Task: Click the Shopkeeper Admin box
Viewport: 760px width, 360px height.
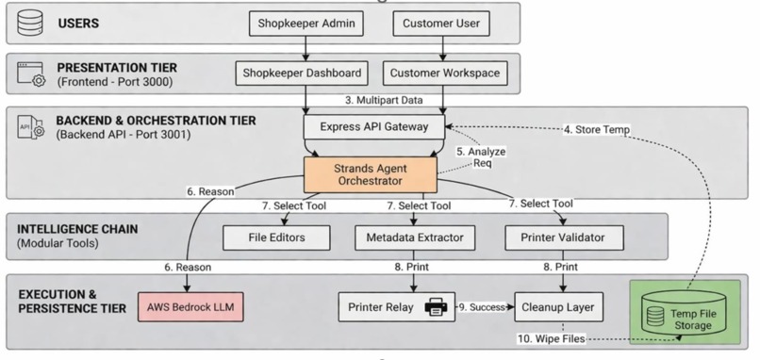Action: (x=306, y=24)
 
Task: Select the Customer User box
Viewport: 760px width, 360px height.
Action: (x=441, y=24)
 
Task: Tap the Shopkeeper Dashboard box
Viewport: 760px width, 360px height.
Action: (x=302, y=74)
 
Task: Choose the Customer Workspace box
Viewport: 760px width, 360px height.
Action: (x=445, y=74)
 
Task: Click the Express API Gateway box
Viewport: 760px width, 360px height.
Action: (x=374, y=127)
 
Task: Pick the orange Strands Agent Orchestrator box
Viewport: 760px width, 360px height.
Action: (x=371, y=175)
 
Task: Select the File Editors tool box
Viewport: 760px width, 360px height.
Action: (x=276, y=237)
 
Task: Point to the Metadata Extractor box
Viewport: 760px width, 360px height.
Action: (x=414, y=237)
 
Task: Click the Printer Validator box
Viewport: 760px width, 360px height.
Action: (x=564, y=237)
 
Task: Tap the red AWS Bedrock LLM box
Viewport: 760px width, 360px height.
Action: (x=190, y=306)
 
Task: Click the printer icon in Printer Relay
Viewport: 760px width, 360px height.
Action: (x=437, y=307)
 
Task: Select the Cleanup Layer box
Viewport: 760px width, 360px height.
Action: (x=558, y=306)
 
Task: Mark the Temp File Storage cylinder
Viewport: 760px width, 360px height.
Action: (x=684, y=313)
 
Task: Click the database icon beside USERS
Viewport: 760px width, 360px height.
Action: (x=30, y=23)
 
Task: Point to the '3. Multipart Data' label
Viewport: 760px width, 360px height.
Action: (x=384, y=100)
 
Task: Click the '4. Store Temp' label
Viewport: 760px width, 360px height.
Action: (x=597, y=129)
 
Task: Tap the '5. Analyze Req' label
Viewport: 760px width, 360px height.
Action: (x=481, y=157)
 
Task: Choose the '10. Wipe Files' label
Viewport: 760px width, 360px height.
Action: (x=551, y=338)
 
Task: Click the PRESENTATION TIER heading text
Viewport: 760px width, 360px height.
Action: (x=117, y=67)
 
